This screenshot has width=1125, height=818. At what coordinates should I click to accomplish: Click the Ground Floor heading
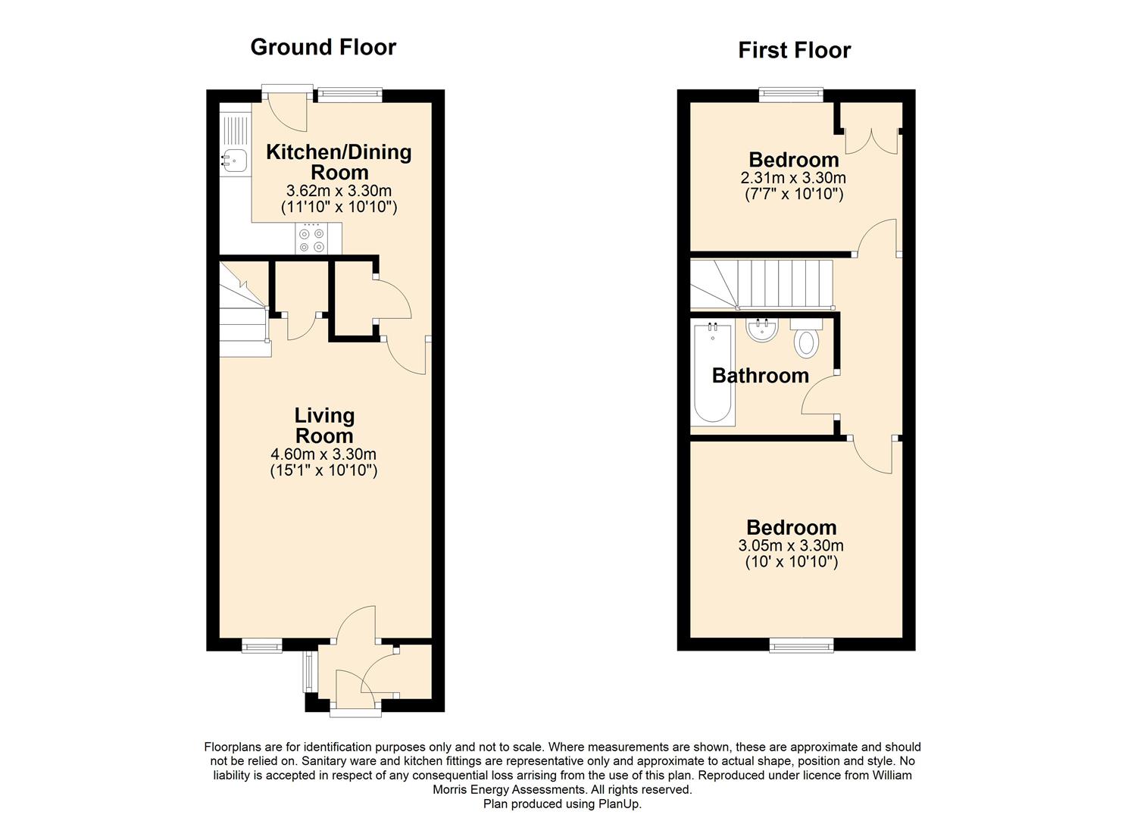click(323, 47)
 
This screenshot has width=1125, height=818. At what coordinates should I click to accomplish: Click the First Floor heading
click(794, 50)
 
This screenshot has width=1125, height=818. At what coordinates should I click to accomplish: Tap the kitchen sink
click(235, 159)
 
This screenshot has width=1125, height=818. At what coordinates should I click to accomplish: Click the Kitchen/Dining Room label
click(339, 161)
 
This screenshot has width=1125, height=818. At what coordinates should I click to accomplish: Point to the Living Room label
click(324, 425)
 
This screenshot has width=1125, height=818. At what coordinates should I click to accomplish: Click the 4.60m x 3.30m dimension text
click(323, 454)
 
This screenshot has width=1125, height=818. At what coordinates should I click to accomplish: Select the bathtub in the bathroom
click(712, 373)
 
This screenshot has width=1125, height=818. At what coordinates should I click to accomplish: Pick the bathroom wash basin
click(761, 329)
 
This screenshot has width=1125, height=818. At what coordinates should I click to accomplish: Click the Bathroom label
click(760, 376)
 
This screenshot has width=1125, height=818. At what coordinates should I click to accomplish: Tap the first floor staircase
click(761, 284)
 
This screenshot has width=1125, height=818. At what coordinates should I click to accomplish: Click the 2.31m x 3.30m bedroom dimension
click(793, 178)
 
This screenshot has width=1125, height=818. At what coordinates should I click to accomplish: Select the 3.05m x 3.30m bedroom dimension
click(791, 545)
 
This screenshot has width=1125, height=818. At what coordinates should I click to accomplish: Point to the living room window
click(262, 645)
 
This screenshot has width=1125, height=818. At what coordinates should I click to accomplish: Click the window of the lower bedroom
click(802, 645)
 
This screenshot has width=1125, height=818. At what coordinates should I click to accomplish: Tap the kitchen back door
click(287, 110)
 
